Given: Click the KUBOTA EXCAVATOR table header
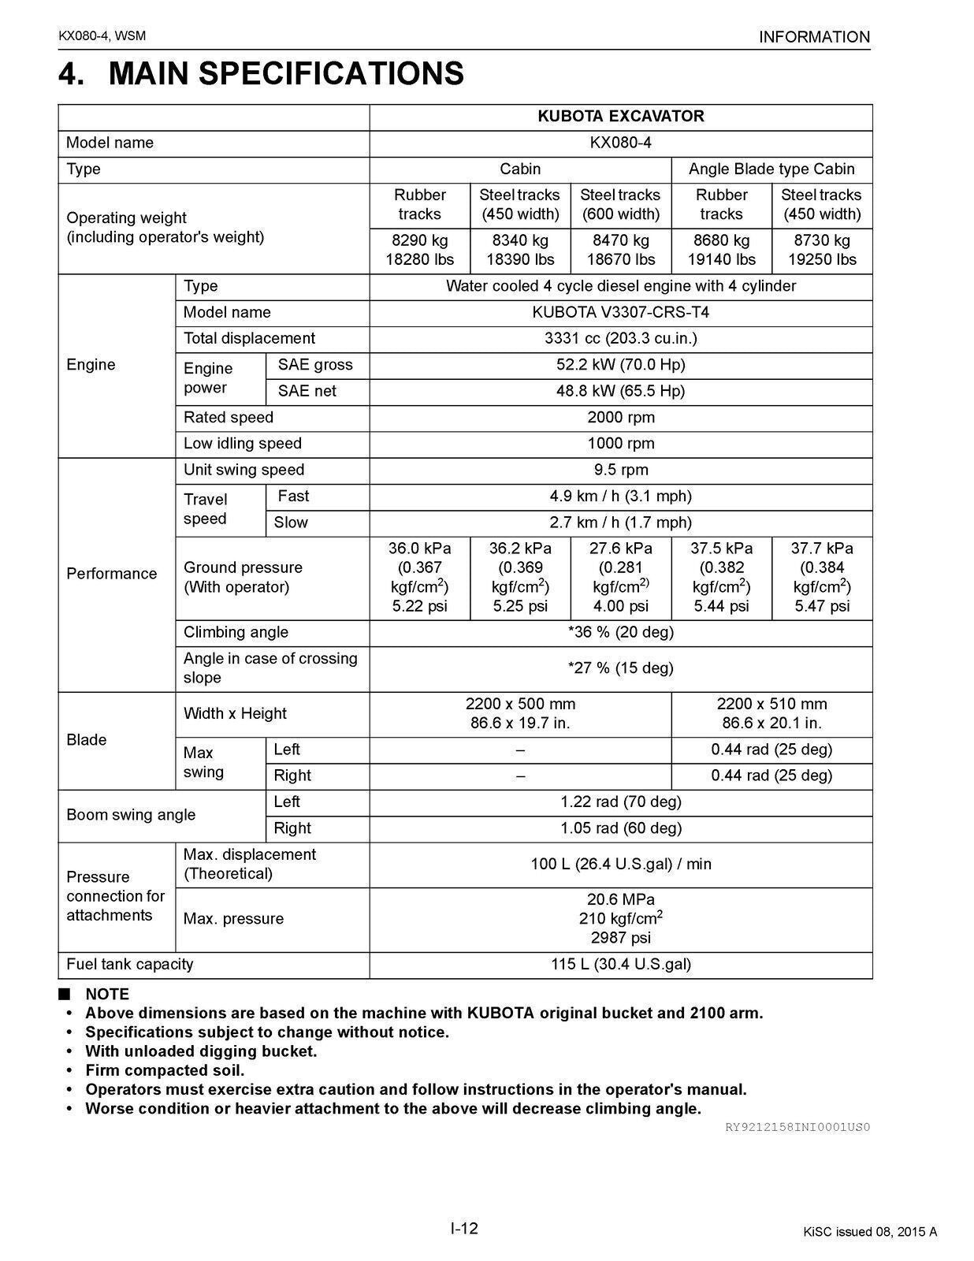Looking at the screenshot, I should pyautogui.click(x=620, y=117).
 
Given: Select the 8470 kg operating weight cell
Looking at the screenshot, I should pyautogui.click(x=620, y=250).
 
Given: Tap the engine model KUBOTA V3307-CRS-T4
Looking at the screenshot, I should pyautogui.click(x=620, y=313).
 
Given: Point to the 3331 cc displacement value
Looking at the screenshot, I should pyautogui.click(x=620, y=339).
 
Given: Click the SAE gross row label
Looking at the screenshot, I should pyautogui.click(x=315, y=365).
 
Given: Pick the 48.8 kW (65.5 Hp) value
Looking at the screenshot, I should pyautogui.click(x=620, y=391).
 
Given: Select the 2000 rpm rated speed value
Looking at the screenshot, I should pyautogui.click(x=620, y=418).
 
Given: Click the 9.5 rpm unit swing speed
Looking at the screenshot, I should pyautogui.click(x=620, y=471).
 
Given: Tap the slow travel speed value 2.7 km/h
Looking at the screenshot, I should pyautogui.click(x=620, y=523).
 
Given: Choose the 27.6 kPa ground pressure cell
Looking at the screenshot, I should pyautogui.click(x=620, y=577).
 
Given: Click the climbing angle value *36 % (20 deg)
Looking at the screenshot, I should pyautogui.click(x=620, y=632).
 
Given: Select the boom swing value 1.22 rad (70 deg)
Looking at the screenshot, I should pyautogui.click(x=620, y=802).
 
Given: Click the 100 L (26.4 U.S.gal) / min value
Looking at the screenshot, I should pyautogui.click(x=620, y=865).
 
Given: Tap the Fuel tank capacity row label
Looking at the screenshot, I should pyautogui.click(x=130, y=965).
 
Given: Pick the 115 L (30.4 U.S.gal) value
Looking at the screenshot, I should pyautogui.click(x=620, y=965).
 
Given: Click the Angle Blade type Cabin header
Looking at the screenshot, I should pyautogui.click(x=771, y=169).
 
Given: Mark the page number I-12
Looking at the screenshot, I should pyautogui.click(x=464, y=1229).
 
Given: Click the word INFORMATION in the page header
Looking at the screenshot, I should pyautogui.click(x=814, y=37).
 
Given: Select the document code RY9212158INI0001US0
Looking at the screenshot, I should pyautogui.click(x=797, y=1127).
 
